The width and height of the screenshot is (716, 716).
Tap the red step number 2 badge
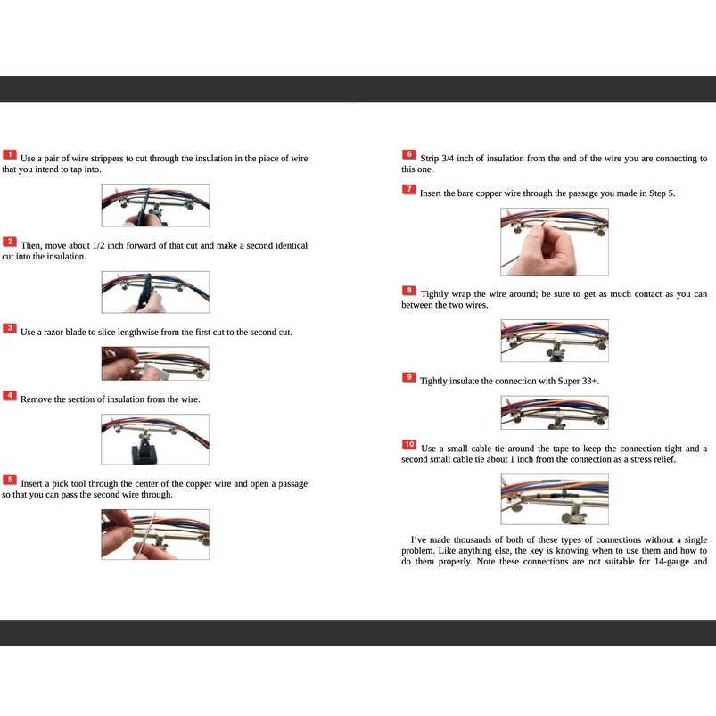pyautogui.click(x=10, y=243)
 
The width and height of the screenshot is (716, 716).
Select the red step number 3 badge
pyautogui.click(x=10, y=329)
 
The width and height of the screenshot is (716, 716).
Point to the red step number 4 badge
pyautogui.click(x=10, y=396)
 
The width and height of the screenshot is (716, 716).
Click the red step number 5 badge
pyautogui.click(x=10, y=481)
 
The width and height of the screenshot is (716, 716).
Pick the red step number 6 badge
pyautogui.click(x=409, y=155)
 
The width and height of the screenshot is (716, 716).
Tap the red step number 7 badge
pyautogui.click(x=409, y=190)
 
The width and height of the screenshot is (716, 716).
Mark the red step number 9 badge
pyautogui.click(x=409, y=378)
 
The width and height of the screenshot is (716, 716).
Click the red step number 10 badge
pyautogui.click(x=409, y=445)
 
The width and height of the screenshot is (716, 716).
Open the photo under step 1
pyautogui.click(x=155, y=205)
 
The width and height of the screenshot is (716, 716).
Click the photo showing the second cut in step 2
pyautogui.click(x=155, y=292)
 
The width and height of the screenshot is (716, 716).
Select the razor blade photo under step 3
pyautogui.click(x=155, y=364)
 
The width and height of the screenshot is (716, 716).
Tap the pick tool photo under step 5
pyautogui.click(x=155, y=534)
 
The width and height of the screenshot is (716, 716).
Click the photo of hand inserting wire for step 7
pyautogui.click(x=554, y=242)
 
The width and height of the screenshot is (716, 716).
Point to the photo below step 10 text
pyautogui.click(x=554, y=499)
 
